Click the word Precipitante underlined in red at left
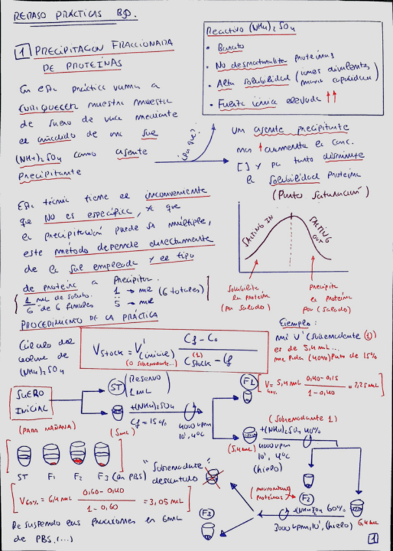click(49, 173)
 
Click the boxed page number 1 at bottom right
click(373, 538)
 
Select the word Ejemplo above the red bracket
click(298, 322)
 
